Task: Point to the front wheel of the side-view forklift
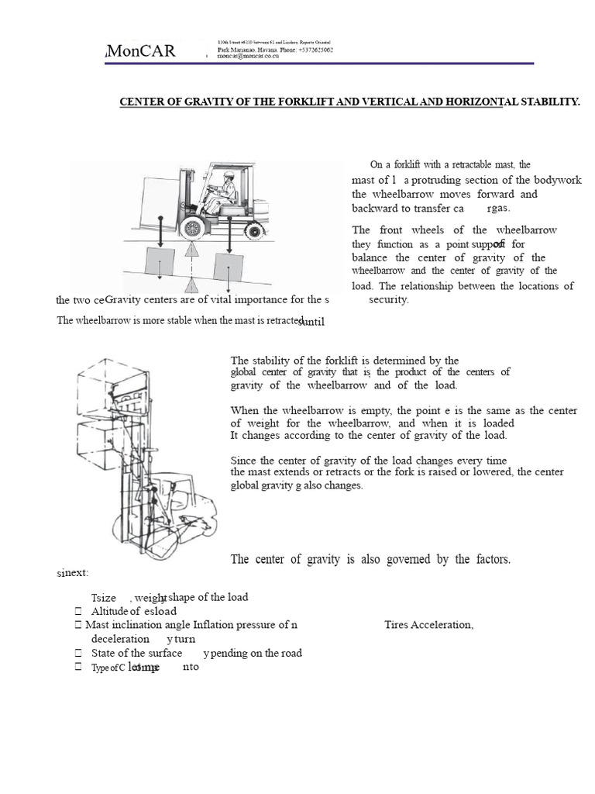tap(192, 226)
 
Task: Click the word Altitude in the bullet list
tap(106, 611)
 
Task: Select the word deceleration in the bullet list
tap(120, 639)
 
